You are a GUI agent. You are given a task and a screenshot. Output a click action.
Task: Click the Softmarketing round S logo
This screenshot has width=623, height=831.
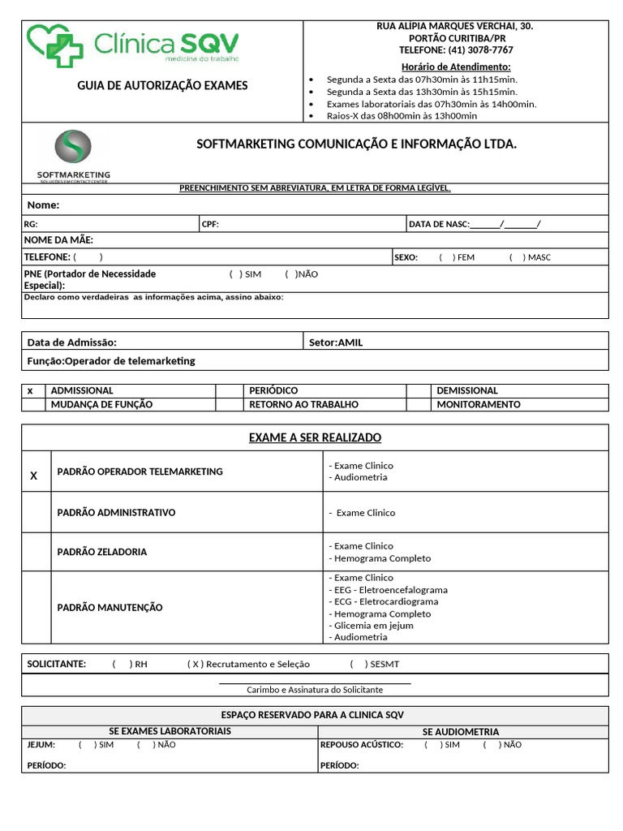(73, 148)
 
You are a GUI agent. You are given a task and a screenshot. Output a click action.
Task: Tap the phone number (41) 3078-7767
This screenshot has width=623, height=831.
(455, 50)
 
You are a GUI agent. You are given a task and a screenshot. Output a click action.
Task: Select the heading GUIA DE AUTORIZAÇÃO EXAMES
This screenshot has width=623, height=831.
(162, 85)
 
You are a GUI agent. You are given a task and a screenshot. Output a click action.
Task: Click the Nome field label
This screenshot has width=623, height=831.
(44, 205)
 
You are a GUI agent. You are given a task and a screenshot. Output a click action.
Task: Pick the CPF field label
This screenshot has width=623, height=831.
(210, 224)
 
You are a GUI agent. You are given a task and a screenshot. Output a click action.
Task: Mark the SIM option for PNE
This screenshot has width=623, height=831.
(236, 274)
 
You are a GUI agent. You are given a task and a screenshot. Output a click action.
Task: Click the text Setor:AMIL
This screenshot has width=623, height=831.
(336, 342)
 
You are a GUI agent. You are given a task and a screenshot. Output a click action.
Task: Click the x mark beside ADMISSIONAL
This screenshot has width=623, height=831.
(31, 391)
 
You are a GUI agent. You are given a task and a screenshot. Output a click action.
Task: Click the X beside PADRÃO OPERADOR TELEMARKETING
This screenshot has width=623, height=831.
(34, 476)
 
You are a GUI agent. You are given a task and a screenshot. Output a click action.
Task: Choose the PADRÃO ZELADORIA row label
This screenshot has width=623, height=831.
(102, 552)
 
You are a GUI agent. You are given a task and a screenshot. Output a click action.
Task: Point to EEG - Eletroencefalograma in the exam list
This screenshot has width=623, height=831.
(388, 590)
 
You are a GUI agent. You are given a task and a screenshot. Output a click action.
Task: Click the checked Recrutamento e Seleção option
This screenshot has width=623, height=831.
(195, 664)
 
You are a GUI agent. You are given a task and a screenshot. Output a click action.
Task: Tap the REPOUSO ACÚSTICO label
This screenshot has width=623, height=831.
(361, 744)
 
